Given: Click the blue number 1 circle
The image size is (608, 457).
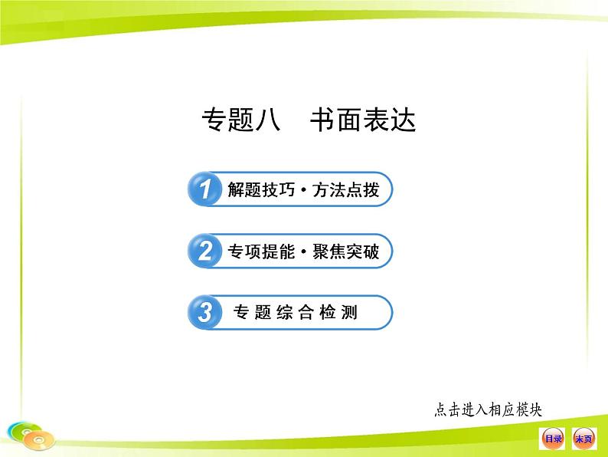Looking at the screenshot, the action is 204,189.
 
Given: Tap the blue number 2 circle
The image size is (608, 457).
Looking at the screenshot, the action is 204,251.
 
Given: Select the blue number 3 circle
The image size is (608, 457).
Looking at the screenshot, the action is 204,313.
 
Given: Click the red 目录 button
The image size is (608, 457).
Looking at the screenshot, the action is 553,439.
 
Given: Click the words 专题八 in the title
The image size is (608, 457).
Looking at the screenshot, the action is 240,119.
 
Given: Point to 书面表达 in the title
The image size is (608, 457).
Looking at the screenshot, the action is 363,119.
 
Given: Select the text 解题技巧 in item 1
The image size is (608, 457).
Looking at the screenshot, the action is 261,190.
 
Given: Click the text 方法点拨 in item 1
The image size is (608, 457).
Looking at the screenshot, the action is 346,190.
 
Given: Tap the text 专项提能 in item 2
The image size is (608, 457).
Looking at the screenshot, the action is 261,252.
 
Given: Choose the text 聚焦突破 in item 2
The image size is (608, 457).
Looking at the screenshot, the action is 346,252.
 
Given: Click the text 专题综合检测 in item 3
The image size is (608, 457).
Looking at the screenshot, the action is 295,312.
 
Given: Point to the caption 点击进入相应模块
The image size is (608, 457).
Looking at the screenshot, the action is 488,410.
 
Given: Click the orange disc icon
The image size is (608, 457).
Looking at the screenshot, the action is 39,440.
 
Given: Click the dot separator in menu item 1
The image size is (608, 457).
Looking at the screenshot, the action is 303,190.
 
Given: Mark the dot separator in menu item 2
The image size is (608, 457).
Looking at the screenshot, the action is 303,252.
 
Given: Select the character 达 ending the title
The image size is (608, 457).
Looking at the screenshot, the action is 404,119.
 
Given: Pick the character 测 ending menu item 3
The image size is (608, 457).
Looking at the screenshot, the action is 349,312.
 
